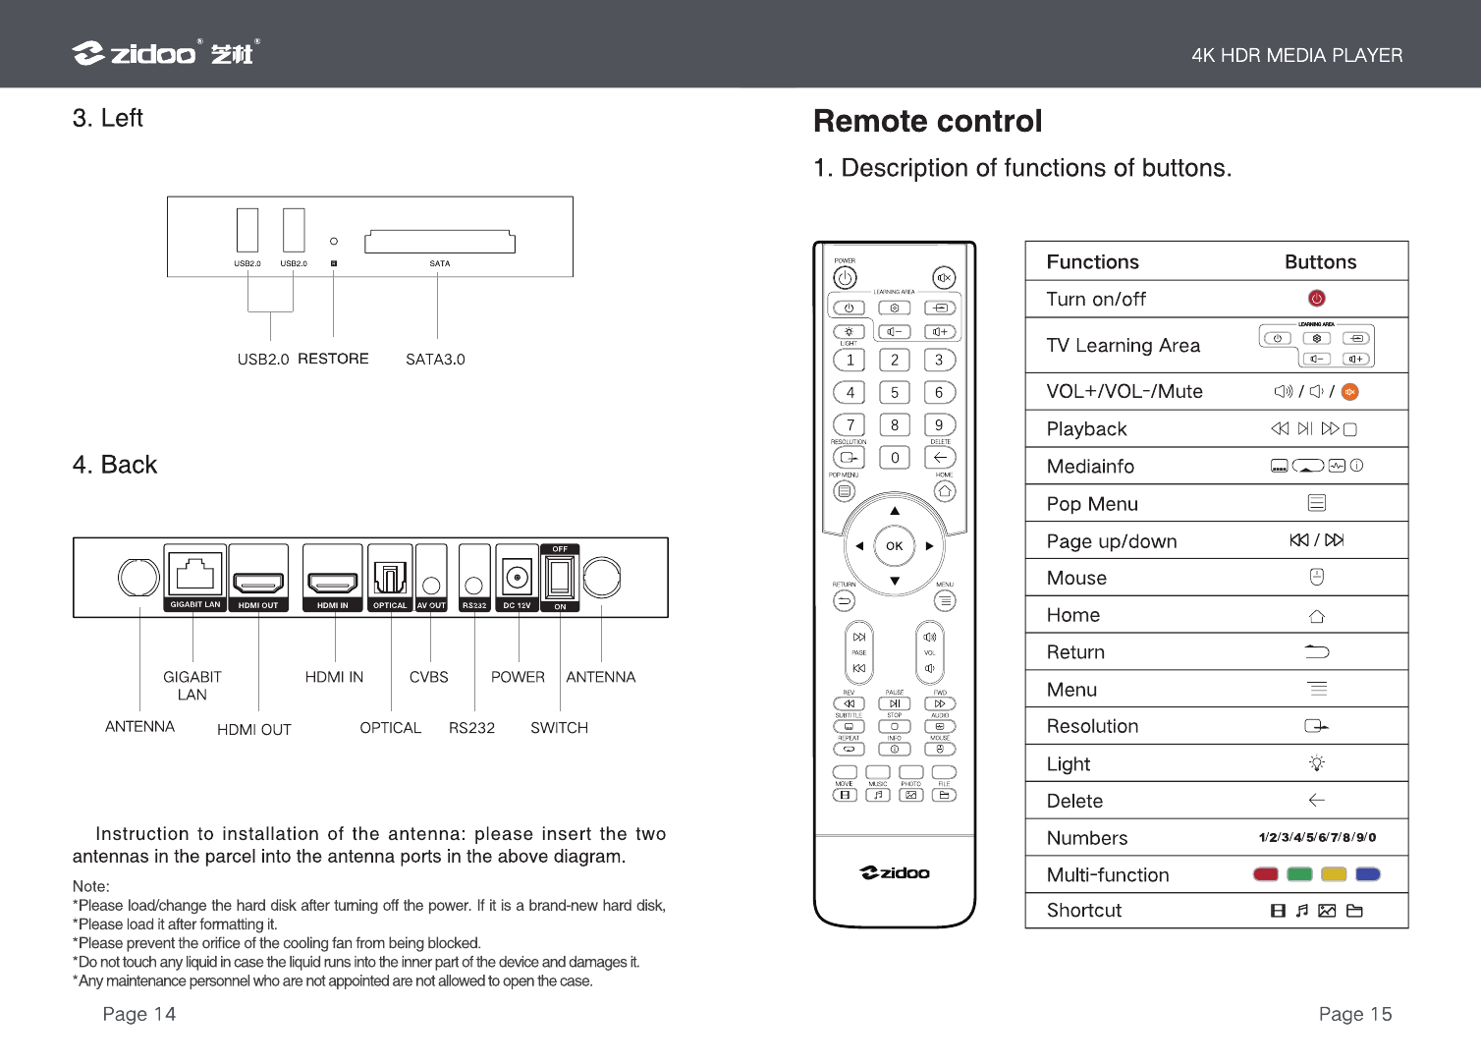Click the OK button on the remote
tap(894, 546)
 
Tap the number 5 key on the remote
tap(895, 392)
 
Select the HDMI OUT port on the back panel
tap(258, 581)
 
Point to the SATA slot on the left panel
tap(439, 242)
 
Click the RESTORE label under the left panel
tap(333, 359)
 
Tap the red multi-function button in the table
tap(1266, 874)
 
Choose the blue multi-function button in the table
tap(1367, 874)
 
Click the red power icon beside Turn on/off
tap(1317, 299)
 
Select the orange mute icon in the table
tap(1350, 392)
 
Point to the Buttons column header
tap(1320, 262)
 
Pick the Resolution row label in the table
tap(1092, 726)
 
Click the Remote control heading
tap(927, 121)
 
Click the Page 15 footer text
tap(1354, 1014)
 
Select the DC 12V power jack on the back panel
tap(517, 578)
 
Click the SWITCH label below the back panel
tap(559, 728)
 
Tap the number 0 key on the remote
tap(895, 458)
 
